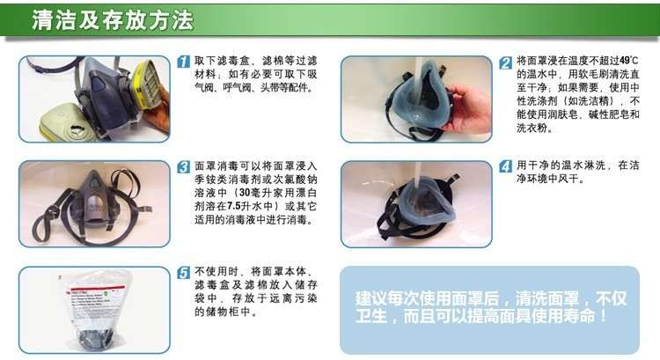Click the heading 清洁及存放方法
(113, 19)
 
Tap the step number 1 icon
(184, 62)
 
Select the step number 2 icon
(505, 62)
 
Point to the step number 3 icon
(184, 166)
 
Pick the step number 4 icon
(505, 166)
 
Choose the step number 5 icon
(184, 273)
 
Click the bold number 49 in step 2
(625, 61)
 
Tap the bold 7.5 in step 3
(233, 206)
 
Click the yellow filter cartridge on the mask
(145, 84)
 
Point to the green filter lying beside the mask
(68, 122)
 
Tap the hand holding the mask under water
(468, 107)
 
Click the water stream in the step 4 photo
(417, 178)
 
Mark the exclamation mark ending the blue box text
(604, 316)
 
